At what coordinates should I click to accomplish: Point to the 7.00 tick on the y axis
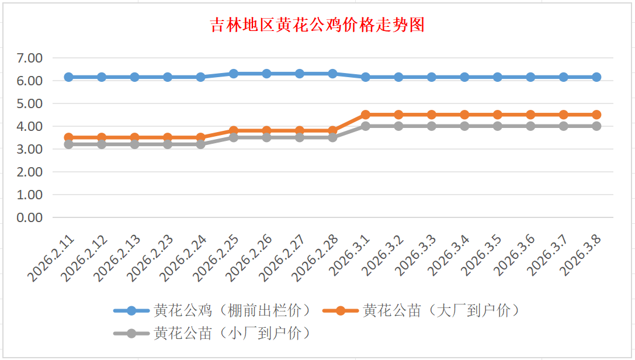[x=30, y=58]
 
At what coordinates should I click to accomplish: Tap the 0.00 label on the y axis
[x=30, y=217]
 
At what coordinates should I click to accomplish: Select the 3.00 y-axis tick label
[x=30, y=149]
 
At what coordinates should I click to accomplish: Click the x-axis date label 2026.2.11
[x=53, y=258]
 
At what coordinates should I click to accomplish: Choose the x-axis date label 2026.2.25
[x=218, y=258]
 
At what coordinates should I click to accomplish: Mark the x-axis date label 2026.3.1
[x=351, y=258]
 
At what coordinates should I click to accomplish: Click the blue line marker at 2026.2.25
[x=234, y=74]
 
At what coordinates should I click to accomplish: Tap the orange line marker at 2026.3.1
[x=366, y=115]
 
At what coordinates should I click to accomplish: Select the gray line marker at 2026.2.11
[x=68, y=144]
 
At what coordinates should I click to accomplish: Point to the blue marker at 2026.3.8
[x=596, y=77]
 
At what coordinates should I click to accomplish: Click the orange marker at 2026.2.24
[x=200, y=138]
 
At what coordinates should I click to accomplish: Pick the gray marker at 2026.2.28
[x=332, y=137]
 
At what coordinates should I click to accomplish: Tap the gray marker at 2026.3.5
[x=498, y=126]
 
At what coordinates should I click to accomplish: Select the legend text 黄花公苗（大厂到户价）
[x=441, y=310]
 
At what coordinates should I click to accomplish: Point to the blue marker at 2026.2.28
[x=332, y=74]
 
